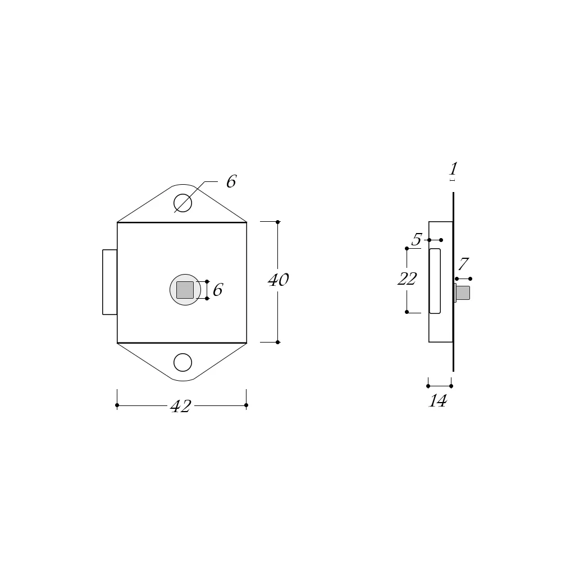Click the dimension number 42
pyautogui.click(x=181, y=407)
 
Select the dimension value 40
pyautogui.click(x=278, y=280)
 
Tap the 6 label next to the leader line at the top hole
pyautogui.click(x=231, y=182)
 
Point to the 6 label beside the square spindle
pyautogui.click(x=218, y=290)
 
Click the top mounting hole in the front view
pyautogui.click(x=182, y=203)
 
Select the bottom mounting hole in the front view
pyautogui.click(x=182, y=363)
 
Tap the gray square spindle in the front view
pyautogui.click(x=185, y=290)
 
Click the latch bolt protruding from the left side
pyautogui.click(x=109, y=282)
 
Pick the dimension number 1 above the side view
pyautogui.click(x=453, y=168)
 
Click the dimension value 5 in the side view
pyautogui.click(x=416, y=240)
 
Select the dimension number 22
pyautogui.click(x=407, y=279)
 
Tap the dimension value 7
pyautogui.click(x=463, y=264)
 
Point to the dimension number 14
pyautogui.click(x=437, y=401)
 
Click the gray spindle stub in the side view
pyautogui.click(x=463, y=293)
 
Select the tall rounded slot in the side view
pyautogui.click(x=435, y=281)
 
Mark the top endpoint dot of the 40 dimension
pyautogui.click(x=277, y=222)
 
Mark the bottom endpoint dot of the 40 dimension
pyautogui.click(x=277, y=342)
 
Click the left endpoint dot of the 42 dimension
pyautogui.click(x=117, y=405)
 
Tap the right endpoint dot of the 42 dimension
pyautogui.click(x=246, y=405)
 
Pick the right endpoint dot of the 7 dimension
pyautogui.click(x=470, y=279)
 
